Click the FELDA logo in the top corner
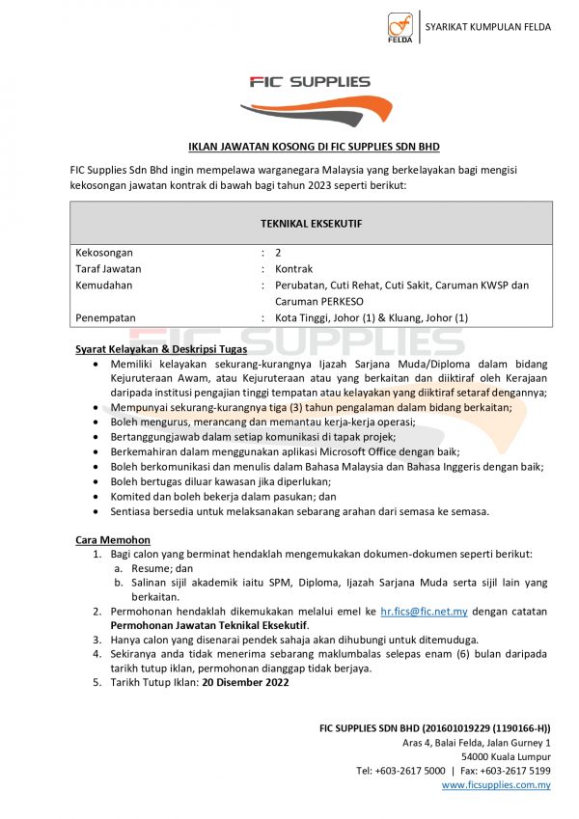point(400,27)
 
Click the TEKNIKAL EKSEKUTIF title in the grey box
point(312,223)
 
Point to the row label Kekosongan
point(104,252)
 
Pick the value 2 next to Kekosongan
point(278,252)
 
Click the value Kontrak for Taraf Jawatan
point(293,269)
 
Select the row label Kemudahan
point(103,286)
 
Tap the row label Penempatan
point(105,317)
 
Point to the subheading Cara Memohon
point(112,539)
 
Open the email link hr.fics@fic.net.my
point(424,612)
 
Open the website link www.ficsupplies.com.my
point(496,785)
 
